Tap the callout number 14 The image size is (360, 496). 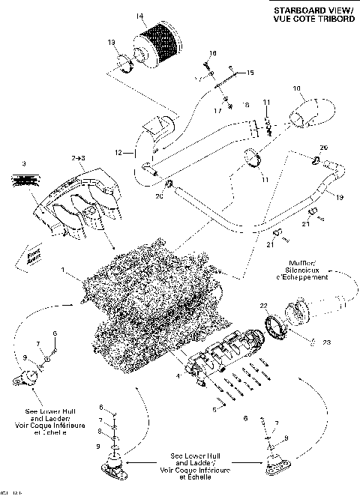[x=139, y=16]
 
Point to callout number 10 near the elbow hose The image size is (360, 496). [x=296, y=89]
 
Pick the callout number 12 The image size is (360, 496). [x=118, y=153]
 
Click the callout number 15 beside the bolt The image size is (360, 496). [x=250, y=72]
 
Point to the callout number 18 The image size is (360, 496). [x=212, y=53]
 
